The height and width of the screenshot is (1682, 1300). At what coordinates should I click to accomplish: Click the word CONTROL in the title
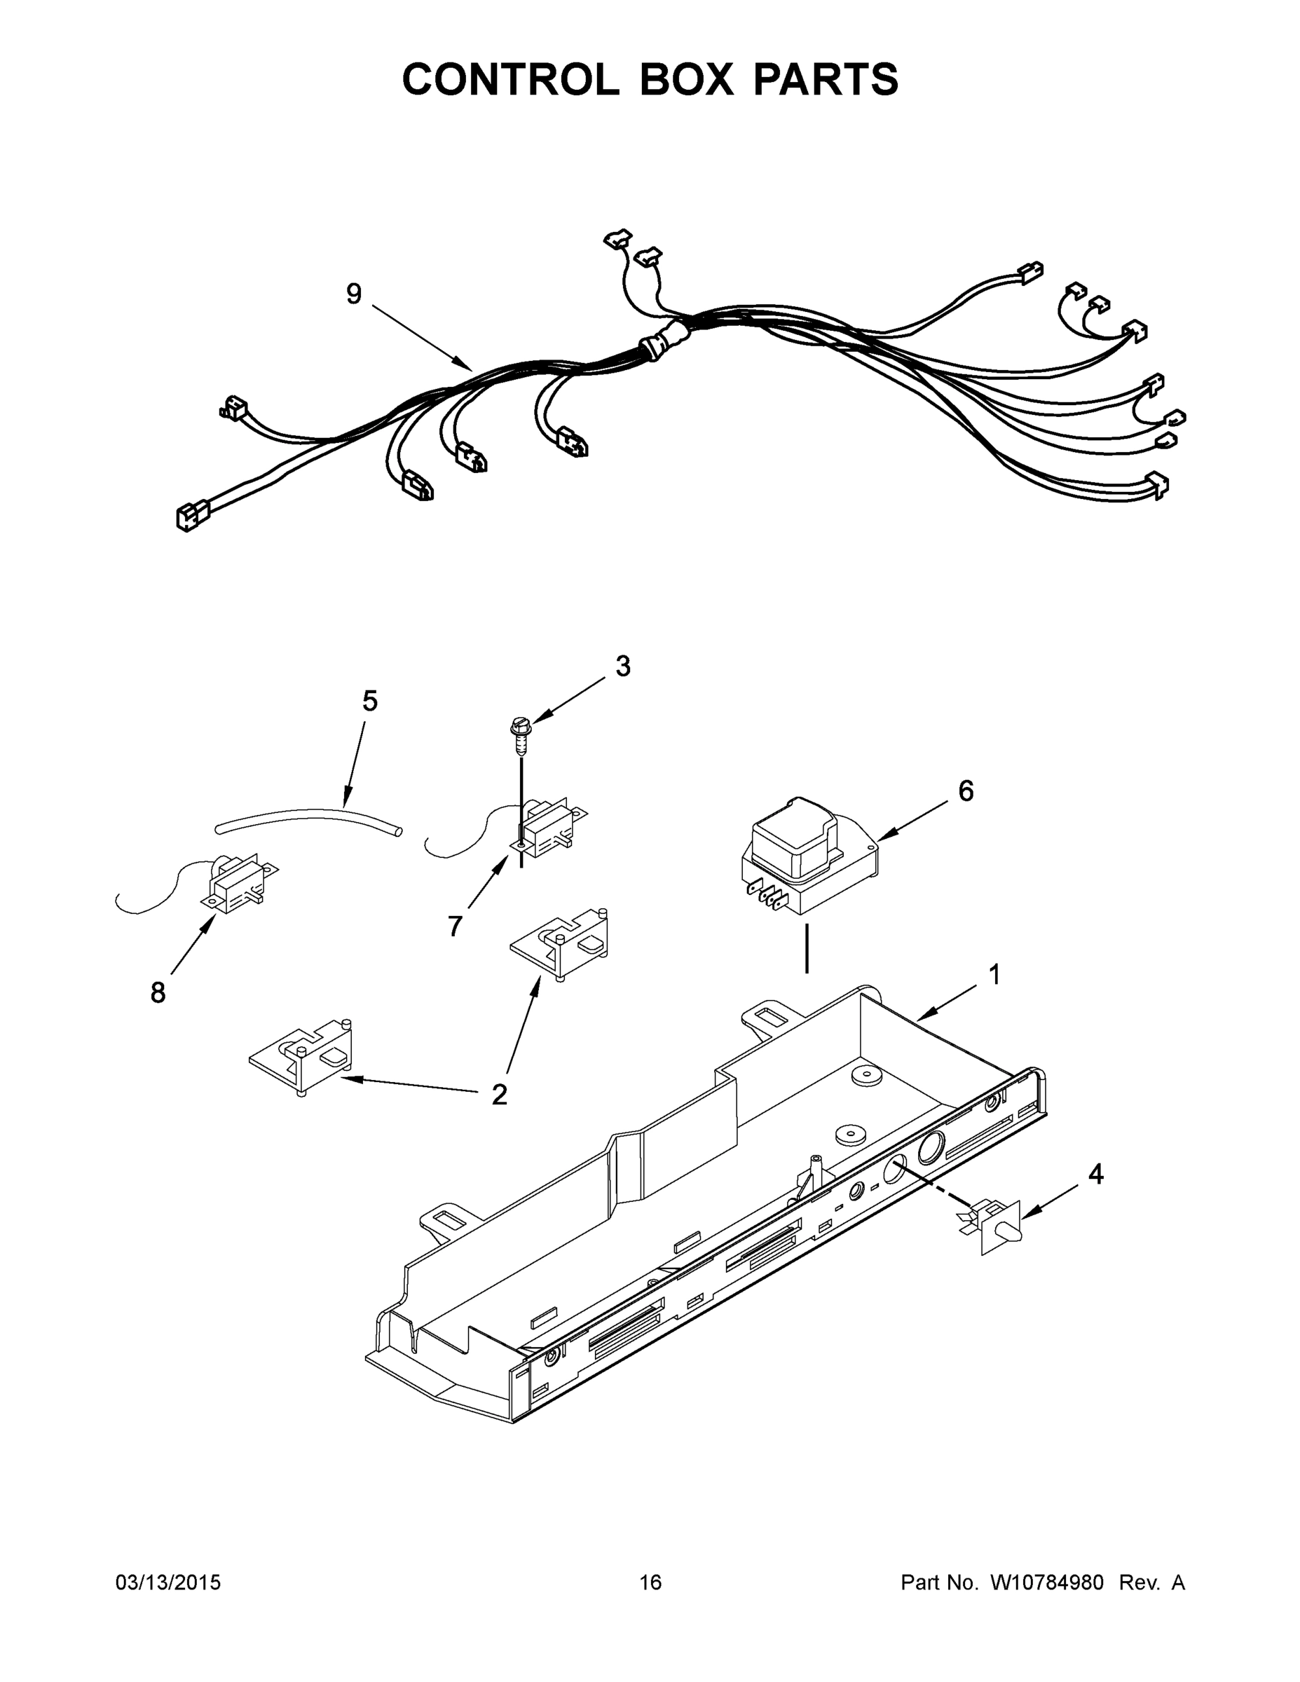(509, 79)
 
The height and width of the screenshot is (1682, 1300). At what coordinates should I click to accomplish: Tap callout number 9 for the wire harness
(353, 294)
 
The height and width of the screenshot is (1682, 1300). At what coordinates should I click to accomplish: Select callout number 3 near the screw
(622, 666)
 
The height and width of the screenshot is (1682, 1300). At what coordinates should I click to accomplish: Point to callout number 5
(369, 701)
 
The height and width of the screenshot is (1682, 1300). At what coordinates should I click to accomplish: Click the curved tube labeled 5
(308, 818)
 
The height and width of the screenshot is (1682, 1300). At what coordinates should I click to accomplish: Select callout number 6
(965, 791)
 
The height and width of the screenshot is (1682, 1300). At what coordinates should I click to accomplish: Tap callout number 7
(455, 926)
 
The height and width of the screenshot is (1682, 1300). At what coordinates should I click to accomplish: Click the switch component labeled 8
(235, 886)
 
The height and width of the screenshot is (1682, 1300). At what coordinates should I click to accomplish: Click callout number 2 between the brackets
(499, 1095)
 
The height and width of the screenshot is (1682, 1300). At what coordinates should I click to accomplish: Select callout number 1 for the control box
(994, 975)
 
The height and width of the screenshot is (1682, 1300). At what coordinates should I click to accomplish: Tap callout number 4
(1095, 1175)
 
